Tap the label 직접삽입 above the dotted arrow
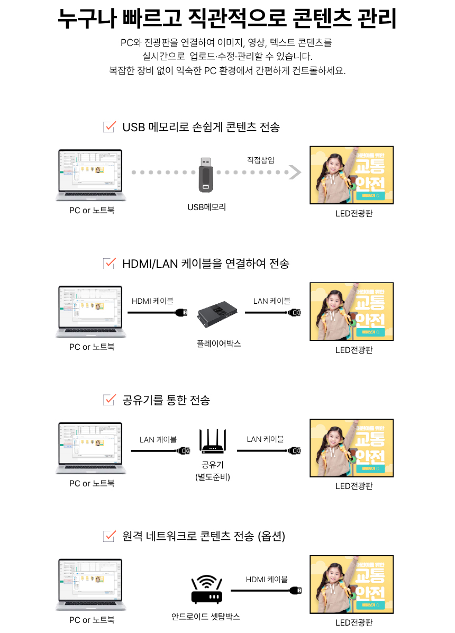[260, 159]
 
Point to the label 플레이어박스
[219, 343]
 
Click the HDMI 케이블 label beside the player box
[152, 301]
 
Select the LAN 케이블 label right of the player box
[271, 301]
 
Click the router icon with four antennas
[213, 441]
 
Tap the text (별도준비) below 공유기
[212, 477]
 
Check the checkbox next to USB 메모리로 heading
[110, 126]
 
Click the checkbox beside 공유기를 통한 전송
[110, 400]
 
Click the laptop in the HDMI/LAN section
[91, 312]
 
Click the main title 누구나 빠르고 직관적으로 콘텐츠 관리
[227, 20]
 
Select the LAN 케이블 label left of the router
[158, 439]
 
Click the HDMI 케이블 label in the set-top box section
[267, 580]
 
